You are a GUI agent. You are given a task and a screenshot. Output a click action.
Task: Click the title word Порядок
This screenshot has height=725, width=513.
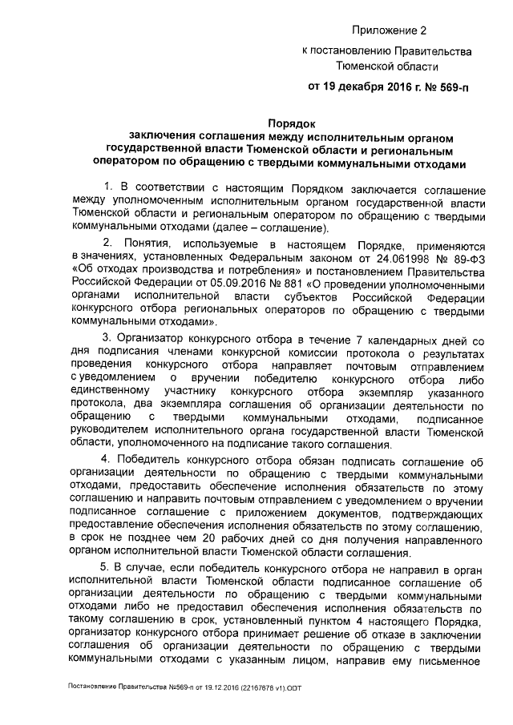290,123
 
